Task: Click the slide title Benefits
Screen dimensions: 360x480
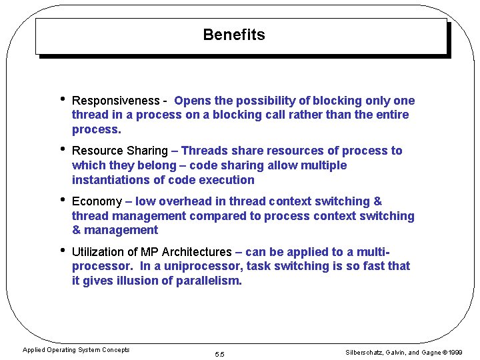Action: pos(233,35)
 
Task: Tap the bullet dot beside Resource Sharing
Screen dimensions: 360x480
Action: pos(61,150)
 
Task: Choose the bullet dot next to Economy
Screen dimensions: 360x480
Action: pos(61,200)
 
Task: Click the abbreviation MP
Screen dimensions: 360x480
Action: pos(149,252)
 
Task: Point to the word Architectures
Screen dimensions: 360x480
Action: pos(197,252)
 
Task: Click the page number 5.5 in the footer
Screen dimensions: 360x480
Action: pos(219,354)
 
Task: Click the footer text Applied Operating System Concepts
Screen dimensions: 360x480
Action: pos(76,350)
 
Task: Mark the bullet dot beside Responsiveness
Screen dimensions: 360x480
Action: pos(61,99)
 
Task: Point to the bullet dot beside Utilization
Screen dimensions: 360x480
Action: pos(61,251)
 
